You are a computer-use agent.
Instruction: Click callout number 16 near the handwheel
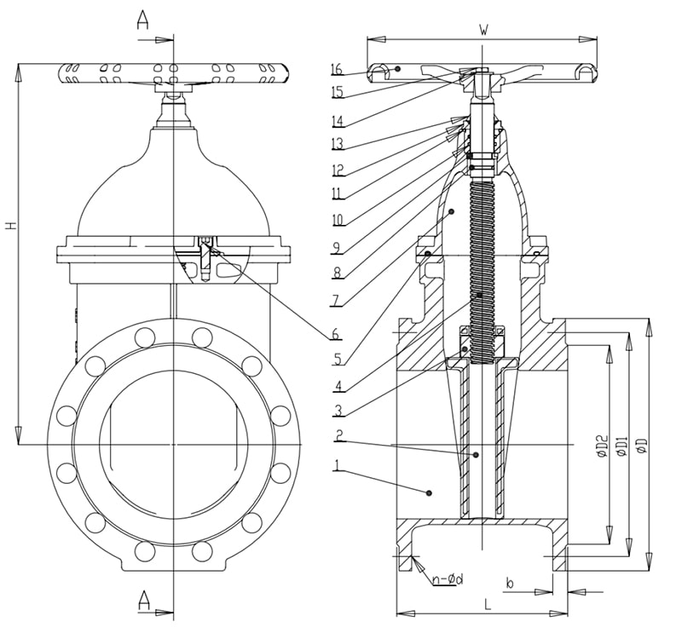(336, 69)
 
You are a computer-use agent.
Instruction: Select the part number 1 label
(337, 466)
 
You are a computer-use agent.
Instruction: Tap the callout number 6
(336, 333)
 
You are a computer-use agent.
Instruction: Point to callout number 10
(338, 220)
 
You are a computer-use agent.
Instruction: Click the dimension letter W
(483, 30)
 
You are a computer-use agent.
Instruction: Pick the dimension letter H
(12, 225)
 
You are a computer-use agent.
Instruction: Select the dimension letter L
(487, 604)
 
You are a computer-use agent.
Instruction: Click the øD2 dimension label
(602, 446)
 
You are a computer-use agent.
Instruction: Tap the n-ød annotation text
(448, 578)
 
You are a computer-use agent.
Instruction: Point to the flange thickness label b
(510, 583)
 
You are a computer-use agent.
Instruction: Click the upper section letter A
(142, 20)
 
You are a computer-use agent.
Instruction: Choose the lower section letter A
(144, 601)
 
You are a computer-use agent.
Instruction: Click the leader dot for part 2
(476, 455)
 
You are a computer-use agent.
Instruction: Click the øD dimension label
(642, 446)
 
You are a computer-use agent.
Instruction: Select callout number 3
(338, 410)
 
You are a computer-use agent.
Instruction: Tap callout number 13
(338, 143)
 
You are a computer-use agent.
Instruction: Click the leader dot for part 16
(397, 69)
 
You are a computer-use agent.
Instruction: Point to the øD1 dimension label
(622, 446)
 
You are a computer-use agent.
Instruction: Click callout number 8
(338, 273)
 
